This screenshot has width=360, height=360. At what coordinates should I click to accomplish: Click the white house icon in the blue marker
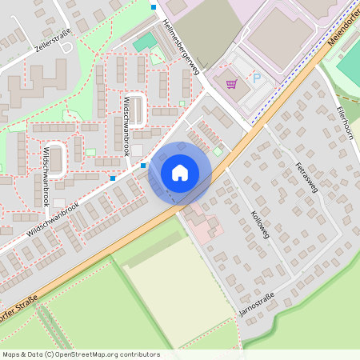pos(180,172)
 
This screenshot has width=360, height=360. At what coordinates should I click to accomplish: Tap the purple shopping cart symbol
pos(231,84)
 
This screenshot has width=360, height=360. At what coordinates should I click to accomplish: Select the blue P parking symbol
pos(257,80)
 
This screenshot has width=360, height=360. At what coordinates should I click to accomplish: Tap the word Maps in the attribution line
pos(11,354)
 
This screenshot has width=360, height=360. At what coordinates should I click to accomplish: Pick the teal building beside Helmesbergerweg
pos(144,42)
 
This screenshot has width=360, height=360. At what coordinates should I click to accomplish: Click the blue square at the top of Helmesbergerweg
pos(154,7)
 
